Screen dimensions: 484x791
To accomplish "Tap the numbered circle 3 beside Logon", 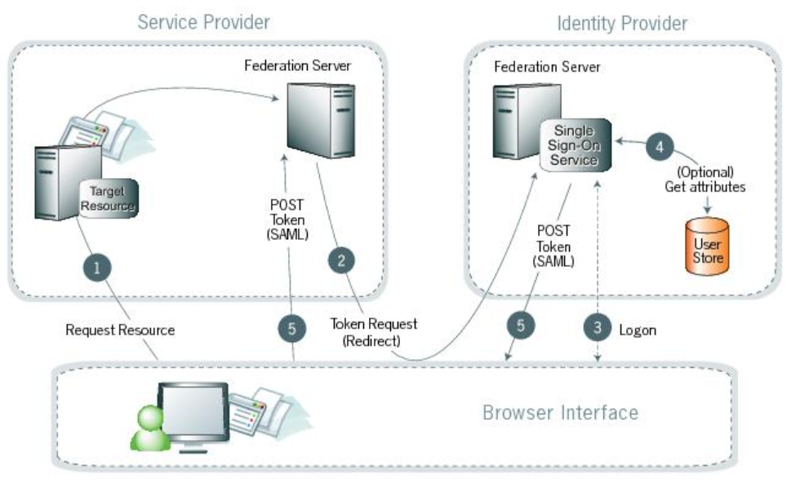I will coord(598,328).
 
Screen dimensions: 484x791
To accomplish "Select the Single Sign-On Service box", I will coord(575,147).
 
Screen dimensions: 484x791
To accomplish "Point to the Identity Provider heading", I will coord(622,23).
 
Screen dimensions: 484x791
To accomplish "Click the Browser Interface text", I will coord(560,412).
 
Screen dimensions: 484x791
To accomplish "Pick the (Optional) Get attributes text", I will coord(705,180).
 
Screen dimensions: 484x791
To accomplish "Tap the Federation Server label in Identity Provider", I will coord(546,66).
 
